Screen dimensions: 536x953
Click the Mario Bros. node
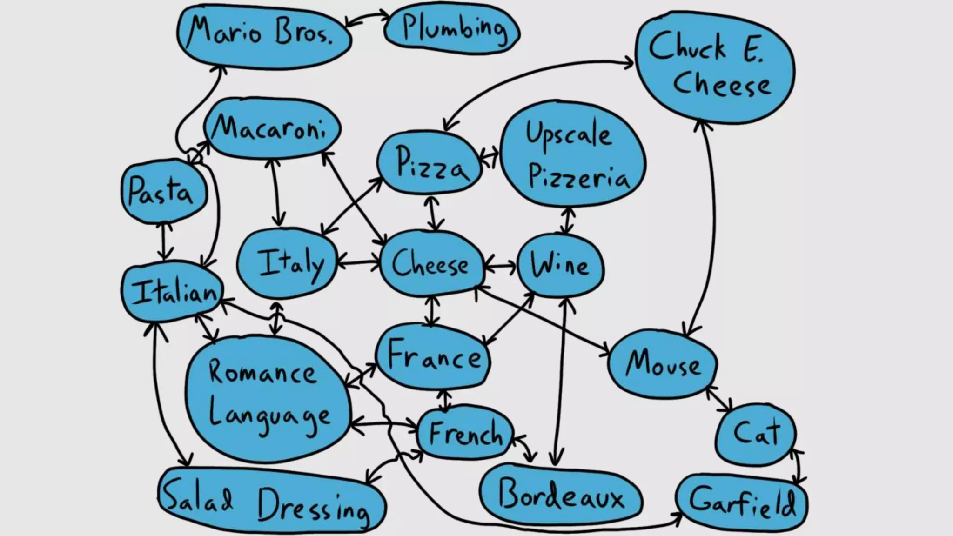[263, 35]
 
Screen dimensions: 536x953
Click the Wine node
[560, 265]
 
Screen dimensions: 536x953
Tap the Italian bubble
[172, 292]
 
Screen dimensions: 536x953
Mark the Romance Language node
[268, 395]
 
